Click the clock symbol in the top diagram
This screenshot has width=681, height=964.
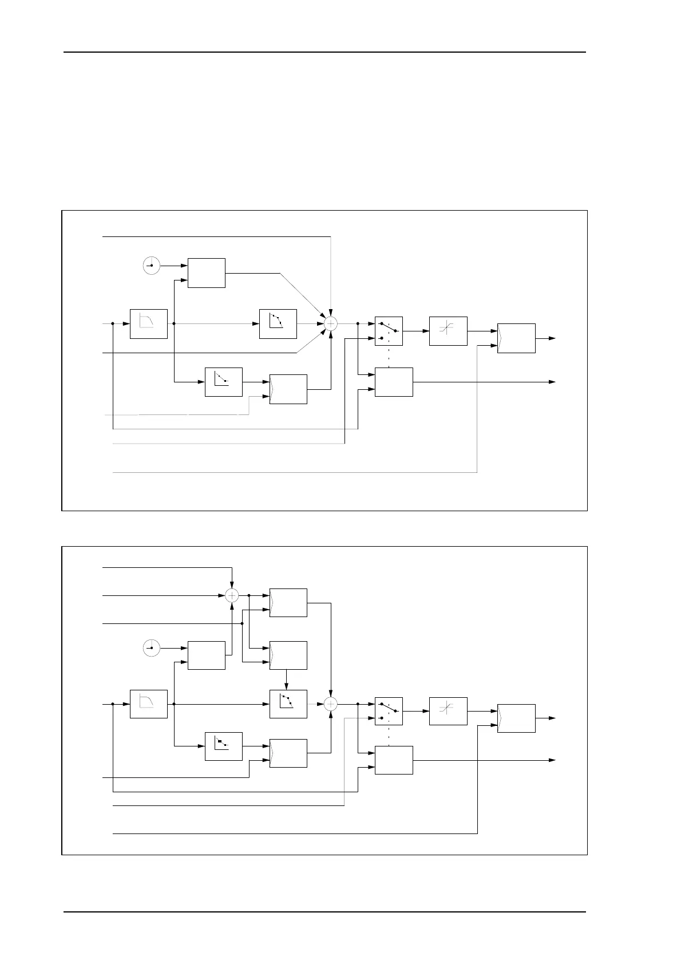(x=151, y=266)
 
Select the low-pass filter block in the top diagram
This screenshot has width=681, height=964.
(x=149, y=323)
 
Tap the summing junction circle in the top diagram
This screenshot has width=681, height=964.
(x=330, y=323)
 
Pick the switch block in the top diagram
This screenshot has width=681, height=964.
(x=389, y=331)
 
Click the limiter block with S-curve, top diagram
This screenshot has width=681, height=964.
(x=448, y=331)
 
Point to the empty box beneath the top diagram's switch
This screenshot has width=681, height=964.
(x=394, y=382)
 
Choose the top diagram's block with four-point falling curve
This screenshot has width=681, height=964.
(x=278, y=323)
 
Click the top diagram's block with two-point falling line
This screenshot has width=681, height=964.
(x=224, y=382)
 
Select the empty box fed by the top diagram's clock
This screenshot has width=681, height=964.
(x=207, y=273)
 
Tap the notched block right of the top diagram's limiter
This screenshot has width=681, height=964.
(x=516, y=338)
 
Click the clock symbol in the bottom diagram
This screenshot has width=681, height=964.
(x=151, y=648)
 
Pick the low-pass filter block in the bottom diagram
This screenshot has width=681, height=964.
(x=149, y=704)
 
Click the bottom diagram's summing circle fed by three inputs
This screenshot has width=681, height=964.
(x=232, y=595)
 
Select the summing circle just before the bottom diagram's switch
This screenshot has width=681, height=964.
(x=330, y=704)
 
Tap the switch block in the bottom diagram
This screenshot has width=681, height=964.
(x=389, y=712)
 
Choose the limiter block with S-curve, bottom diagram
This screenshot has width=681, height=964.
(x=448, y=712)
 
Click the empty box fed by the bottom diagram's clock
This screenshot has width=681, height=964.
(x=207, y=655)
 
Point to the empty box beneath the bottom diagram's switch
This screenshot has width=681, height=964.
(x=394, y=760)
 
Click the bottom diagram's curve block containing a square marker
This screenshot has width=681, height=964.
(x=224, y=746)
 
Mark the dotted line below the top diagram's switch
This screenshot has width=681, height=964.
(x=389, y=357)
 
